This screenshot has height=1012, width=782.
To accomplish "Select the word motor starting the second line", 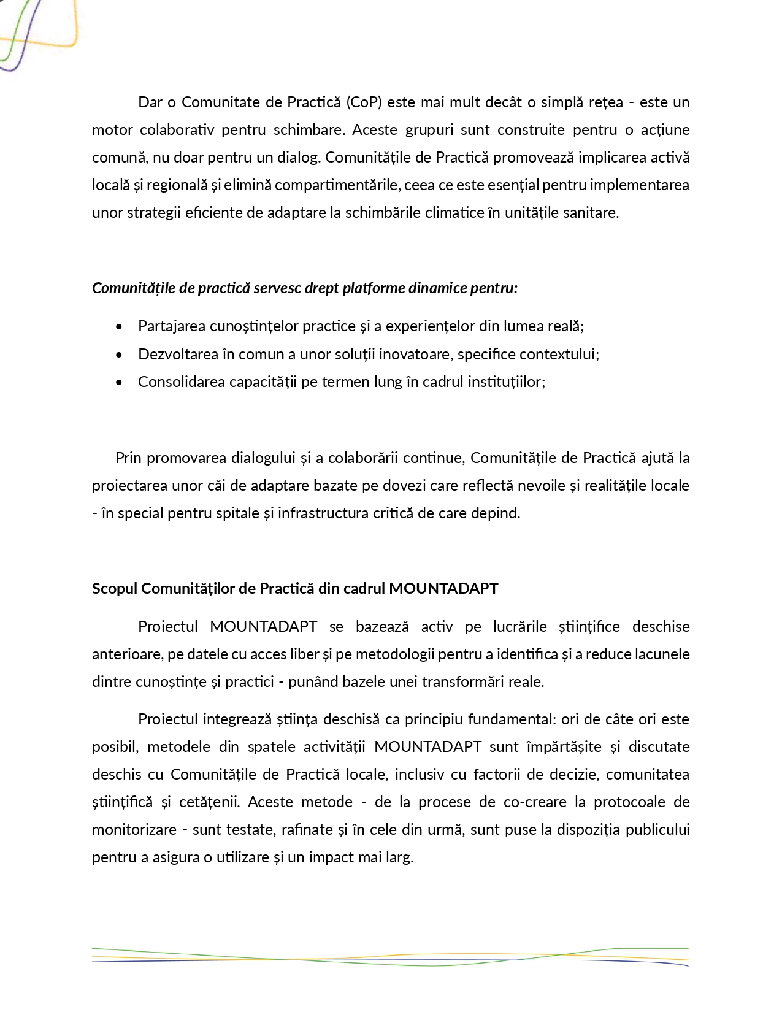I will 111,129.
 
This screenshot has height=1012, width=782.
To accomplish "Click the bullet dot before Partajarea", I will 119,326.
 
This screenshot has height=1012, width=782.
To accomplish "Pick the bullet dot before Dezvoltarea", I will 119,355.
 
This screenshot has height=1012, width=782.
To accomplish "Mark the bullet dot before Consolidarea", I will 119,382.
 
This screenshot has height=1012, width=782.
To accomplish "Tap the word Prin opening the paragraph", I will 128,458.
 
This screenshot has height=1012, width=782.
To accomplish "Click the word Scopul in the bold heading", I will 115,588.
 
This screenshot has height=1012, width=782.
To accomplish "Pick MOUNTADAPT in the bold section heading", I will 443,588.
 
